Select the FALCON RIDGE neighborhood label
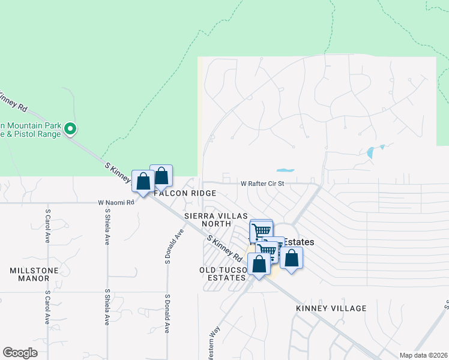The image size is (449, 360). (185, 194)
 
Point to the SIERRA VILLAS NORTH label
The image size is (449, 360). (208, 220)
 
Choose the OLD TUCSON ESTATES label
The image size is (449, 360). (223, 274)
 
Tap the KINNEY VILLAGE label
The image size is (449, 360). (331, 308)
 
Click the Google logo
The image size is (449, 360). (20, 353)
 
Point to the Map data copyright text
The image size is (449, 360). (423, 355)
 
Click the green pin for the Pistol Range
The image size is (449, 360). (70, 128)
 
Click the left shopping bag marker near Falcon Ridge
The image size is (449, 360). (143, 181)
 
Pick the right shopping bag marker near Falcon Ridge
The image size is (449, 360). (161, 176)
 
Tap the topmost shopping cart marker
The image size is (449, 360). (261, 230)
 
